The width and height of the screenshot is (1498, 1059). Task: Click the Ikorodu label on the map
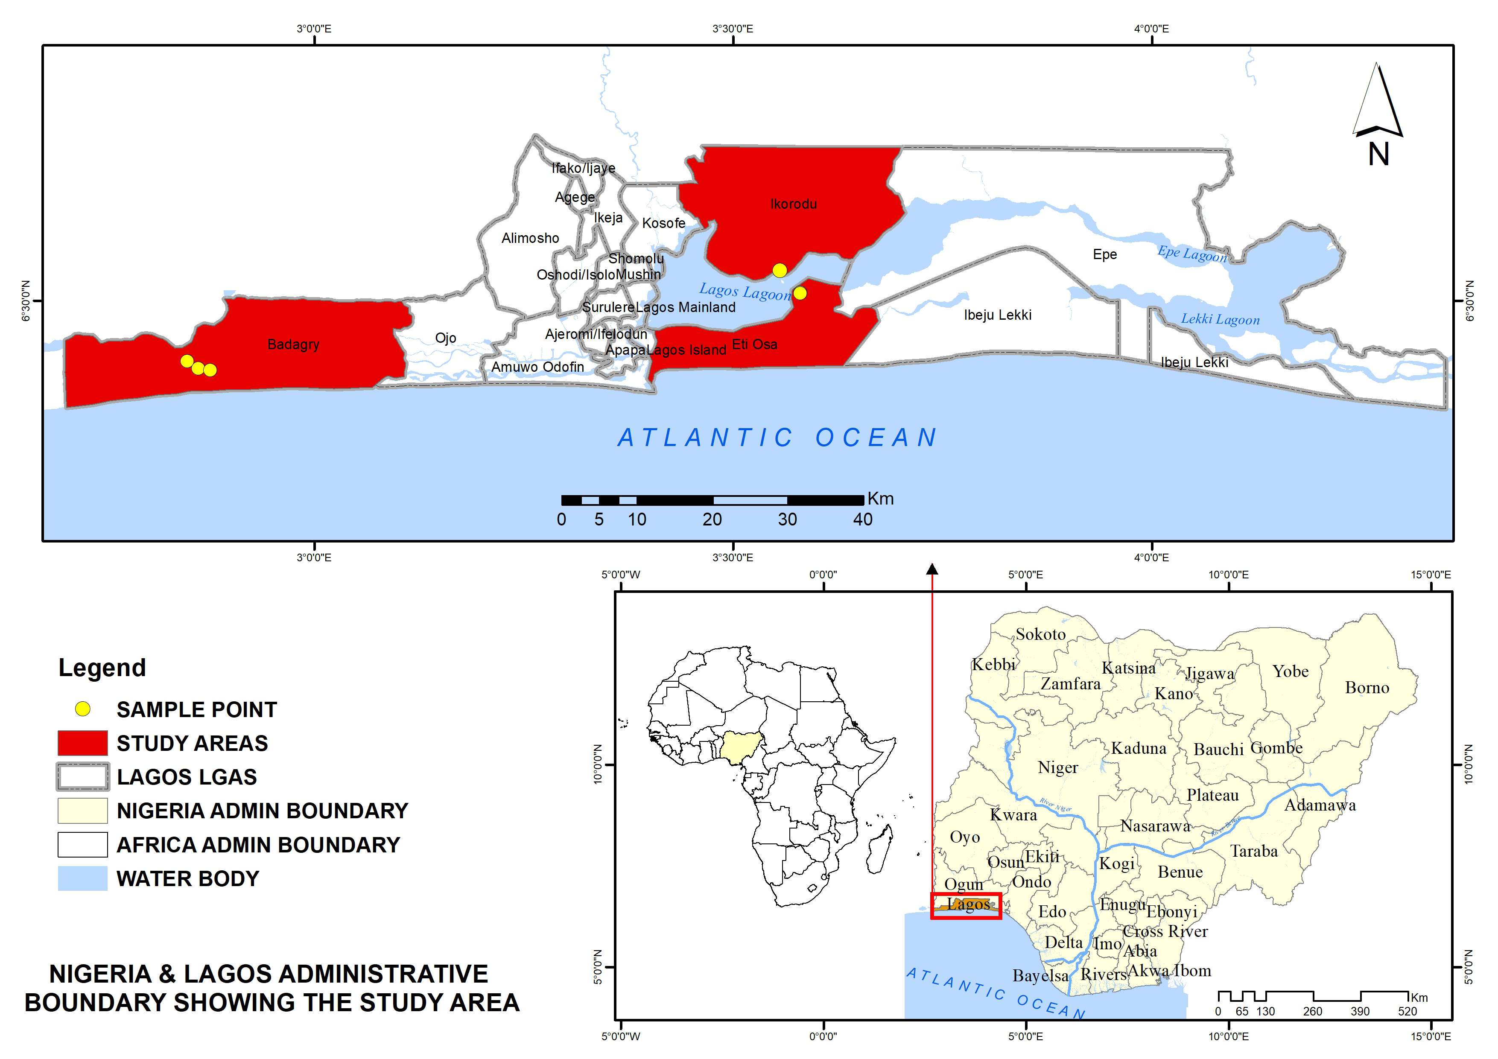[793, 204]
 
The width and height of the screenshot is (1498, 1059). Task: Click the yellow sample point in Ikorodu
[779, 270]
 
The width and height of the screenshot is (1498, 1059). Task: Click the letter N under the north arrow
[1378, 155]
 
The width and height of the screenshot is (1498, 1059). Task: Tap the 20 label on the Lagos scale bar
[712, 519]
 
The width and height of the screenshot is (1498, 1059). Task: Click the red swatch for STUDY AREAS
[82, 743]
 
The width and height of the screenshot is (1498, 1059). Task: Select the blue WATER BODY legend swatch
[82, 878]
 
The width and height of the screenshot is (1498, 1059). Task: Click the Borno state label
[1367, 688]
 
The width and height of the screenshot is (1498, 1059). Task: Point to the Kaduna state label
[1139, 748]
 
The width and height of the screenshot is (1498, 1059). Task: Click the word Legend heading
[102, 668]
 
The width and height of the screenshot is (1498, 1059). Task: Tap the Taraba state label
[1253, 851]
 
